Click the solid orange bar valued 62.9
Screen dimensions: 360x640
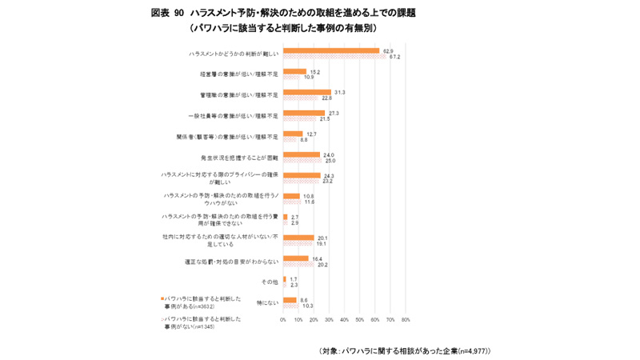pyautogui.click(x=331, y=50)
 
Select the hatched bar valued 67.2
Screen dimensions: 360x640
pyautogui.click(x=334, y=57)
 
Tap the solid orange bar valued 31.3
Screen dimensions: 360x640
pyautogui.click(x=307, y=92)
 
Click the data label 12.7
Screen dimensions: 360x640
pyautogui.click(x=311, y=134)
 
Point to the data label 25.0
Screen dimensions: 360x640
pyautogui.click(x=328, y=161)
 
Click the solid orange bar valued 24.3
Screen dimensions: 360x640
pyautogui.click(x=302, y=175)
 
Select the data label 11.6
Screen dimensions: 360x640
pyautogui.click(x=310, y=202)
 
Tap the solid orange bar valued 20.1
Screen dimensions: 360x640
pyautogui.click(x=298, y=238)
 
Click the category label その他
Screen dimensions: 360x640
pyautogui.click(x=270, y=282)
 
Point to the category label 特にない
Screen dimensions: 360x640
pyautogui.click(x=267, y=302)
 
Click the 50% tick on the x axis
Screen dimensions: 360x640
pyautogui.click(x=360, y=319)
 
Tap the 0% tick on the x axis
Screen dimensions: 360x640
pyautogui.click(x=283, y=319)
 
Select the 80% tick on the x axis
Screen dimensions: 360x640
pyautogui.click(x=406, y=319)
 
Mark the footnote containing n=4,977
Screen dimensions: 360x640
pyautogui.click(x=404, y=350)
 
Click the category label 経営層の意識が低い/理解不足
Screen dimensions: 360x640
pyautogui.click(x=239, y=74)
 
